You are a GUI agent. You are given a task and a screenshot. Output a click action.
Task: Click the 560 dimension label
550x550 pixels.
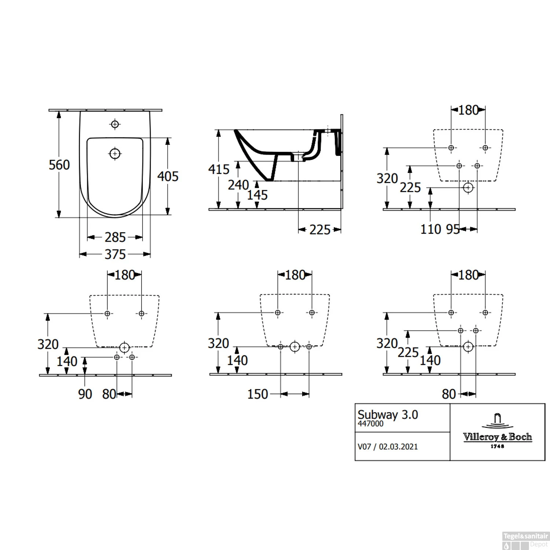coord(59,165)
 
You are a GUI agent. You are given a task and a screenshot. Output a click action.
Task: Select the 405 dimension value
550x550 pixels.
coord(168,176)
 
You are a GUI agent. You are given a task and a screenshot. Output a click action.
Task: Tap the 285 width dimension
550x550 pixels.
coord(115,238)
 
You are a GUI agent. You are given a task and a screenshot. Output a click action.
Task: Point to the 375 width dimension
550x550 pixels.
coord(115,254)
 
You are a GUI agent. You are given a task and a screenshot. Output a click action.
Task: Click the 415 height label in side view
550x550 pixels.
coord(219,169)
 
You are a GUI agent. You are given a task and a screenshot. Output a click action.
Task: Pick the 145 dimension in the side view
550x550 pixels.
coord(257,195)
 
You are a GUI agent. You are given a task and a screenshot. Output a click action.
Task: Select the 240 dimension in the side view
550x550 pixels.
coord(238,185)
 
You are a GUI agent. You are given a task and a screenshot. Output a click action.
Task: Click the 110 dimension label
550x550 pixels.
coord(430,230)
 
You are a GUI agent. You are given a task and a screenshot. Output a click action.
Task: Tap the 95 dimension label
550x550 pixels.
coord(452,230)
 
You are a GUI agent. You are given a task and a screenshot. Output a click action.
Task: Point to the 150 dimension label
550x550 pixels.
coord(257,395)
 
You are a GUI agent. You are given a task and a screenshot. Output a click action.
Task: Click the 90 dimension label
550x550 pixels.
coord(85,395)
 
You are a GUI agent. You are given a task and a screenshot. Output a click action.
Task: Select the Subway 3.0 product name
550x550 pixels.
coord(388,415)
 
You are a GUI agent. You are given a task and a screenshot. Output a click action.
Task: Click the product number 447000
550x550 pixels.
coord(370,424)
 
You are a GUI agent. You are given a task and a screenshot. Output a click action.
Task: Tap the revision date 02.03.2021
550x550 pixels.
coord(398,447)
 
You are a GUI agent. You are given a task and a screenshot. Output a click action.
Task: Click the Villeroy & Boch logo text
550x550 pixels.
coord(497,437)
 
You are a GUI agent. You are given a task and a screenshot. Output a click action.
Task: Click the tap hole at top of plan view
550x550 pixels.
coord(115,124)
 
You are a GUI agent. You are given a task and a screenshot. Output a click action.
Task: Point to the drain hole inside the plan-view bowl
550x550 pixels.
coord(115,153)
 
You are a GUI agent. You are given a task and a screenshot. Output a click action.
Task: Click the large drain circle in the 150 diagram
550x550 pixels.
coord(295,346)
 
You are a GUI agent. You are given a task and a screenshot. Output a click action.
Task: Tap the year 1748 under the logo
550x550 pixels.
coord(497,446)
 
